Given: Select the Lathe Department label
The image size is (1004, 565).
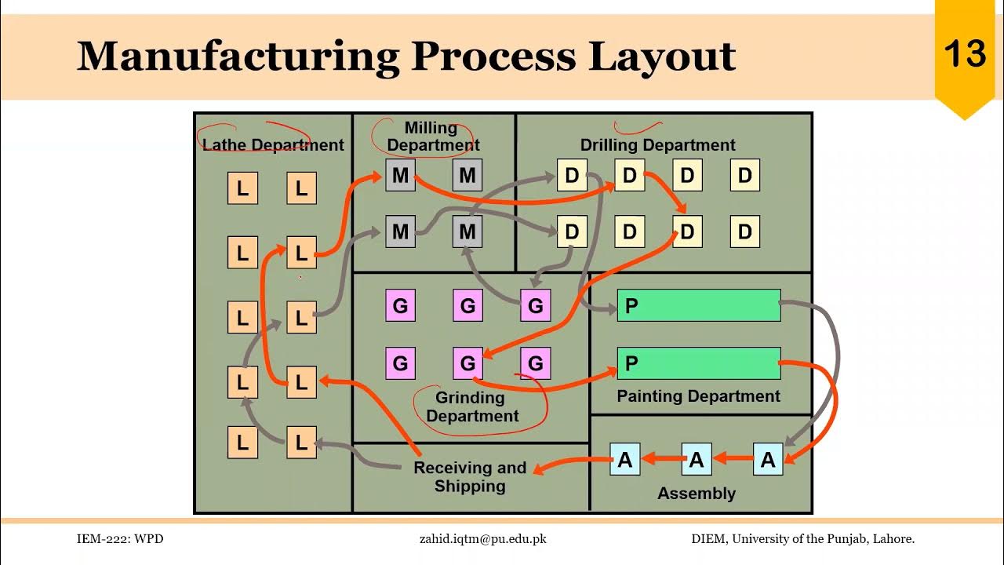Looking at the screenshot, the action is (273, 145).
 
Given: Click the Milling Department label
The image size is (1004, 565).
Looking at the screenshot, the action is (432, 137).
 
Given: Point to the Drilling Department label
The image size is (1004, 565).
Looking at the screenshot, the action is (657, 145).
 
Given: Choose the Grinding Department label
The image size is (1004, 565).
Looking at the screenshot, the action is (472, 406).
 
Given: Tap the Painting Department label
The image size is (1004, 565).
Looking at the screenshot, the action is (698, 396).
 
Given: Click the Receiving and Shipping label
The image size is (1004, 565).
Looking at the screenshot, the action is (470, 476).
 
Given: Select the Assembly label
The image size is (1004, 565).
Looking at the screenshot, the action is (697, 494).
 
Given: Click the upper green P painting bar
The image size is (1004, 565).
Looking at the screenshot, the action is (699, 305).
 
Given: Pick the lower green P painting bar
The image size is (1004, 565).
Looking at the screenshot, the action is (699, 363).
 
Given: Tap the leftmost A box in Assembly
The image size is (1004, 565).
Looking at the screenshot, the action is (625, 460).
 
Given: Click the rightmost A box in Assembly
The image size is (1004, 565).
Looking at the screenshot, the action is (768, 460).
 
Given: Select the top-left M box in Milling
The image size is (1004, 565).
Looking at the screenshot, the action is (400, 175).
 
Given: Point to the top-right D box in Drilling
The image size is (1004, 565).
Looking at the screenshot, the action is (744, 175).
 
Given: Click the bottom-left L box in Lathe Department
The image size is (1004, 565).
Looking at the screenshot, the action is (242, 442).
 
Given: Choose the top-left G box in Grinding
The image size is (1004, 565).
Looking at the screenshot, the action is (400, 305).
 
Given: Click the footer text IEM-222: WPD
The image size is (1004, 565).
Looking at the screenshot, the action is (120, 539).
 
